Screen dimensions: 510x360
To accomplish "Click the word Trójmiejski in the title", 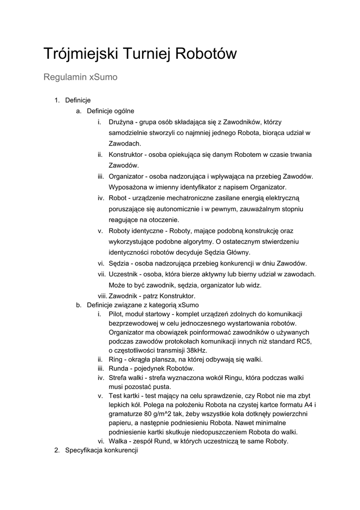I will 80,54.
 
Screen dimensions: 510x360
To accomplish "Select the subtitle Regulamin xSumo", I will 80,78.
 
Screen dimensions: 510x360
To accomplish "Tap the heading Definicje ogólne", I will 111,111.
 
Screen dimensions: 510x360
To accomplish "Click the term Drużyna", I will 121,122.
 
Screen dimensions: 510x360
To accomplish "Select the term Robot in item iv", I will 118,198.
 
